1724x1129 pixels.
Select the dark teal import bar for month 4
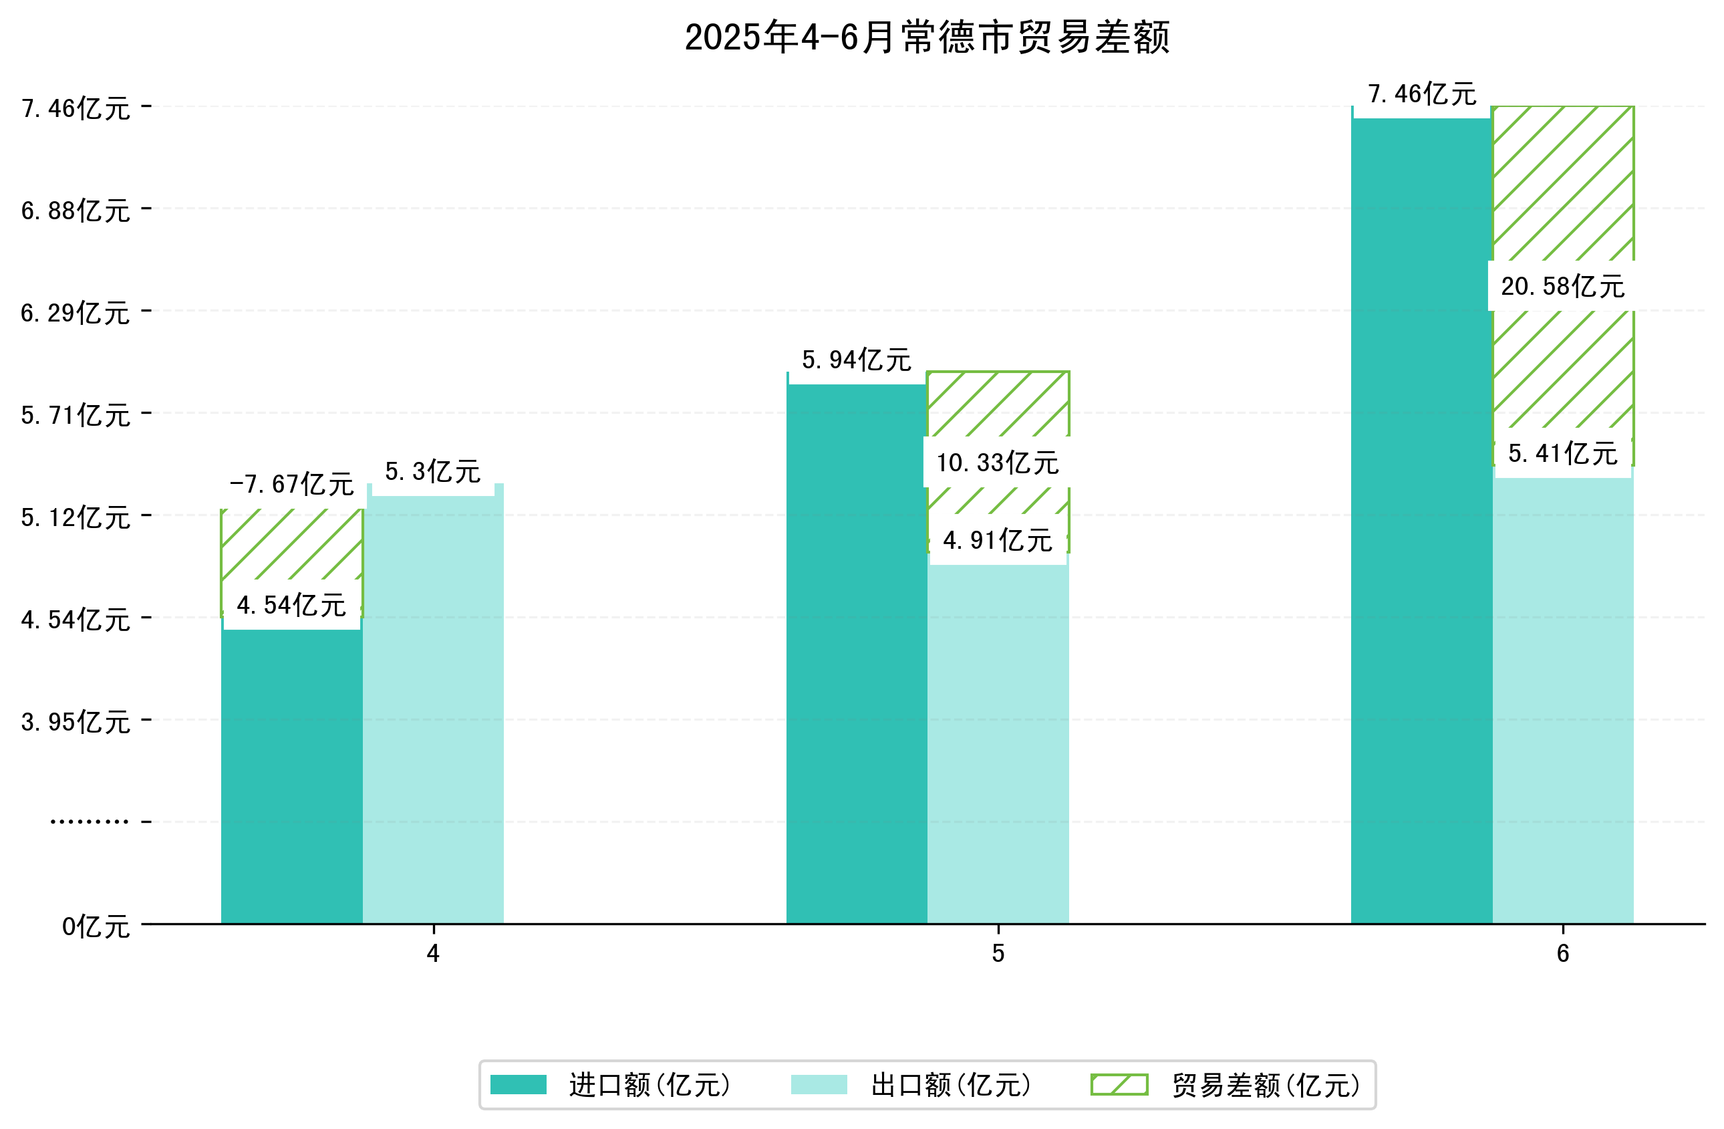(x=291, y=775)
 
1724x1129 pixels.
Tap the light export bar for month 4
(x=433, y=710)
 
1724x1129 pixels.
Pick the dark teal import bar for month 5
(x=856, y=652)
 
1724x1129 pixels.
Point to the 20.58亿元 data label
(x=1562, y=286)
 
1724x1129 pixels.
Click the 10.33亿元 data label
(x=998, y=463)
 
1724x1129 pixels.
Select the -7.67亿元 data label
(x=291, y=484)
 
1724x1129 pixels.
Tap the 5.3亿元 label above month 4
(x=432, y=472)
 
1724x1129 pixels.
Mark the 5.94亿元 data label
(x=856, y=360)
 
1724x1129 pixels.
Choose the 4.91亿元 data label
(x=998, y=541)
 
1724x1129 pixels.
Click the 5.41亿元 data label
(x=1562, y=454)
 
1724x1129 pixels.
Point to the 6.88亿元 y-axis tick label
(x=76, y=211)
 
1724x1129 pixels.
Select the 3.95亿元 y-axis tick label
(x=76, y=723)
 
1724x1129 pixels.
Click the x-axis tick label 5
(x=998, y=954)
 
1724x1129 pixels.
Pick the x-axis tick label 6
(x=1562, y=954)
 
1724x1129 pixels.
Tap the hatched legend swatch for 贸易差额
(x=1119, y=1085)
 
